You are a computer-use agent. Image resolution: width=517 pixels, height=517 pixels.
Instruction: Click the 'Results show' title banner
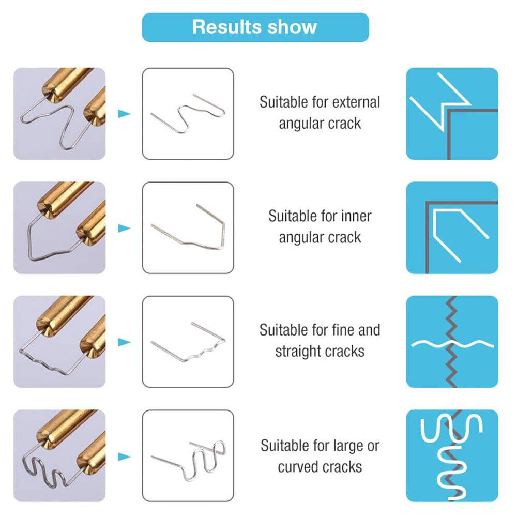[x=255, y=27]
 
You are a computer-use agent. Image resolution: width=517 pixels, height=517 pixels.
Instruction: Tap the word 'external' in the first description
[x=356, y=102]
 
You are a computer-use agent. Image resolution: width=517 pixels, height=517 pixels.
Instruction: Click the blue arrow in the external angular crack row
[x=124, y=114]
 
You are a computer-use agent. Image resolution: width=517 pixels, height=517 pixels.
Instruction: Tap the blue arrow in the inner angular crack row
[x=124, y=228]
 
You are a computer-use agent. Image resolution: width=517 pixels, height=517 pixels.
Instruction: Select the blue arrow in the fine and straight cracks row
[x=124, y=342]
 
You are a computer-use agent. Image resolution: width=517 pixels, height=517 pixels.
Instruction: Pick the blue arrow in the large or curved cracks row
[x=124, y=457]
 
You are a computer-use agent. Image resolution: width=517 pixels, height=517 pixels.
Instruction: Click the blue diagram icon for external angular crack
[x=452, y=114]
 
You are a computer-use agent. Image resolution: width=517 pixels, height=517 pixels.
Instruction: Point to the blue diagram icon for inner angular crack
[x=452, y=228]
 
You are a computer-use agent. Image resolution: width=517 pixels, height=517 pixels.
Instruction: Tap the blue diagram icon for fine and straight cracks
[x=452, y=342]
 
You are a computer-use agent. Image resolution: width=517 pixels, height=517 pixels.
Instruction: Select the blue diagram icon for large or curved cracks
[x=452, y=456]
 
